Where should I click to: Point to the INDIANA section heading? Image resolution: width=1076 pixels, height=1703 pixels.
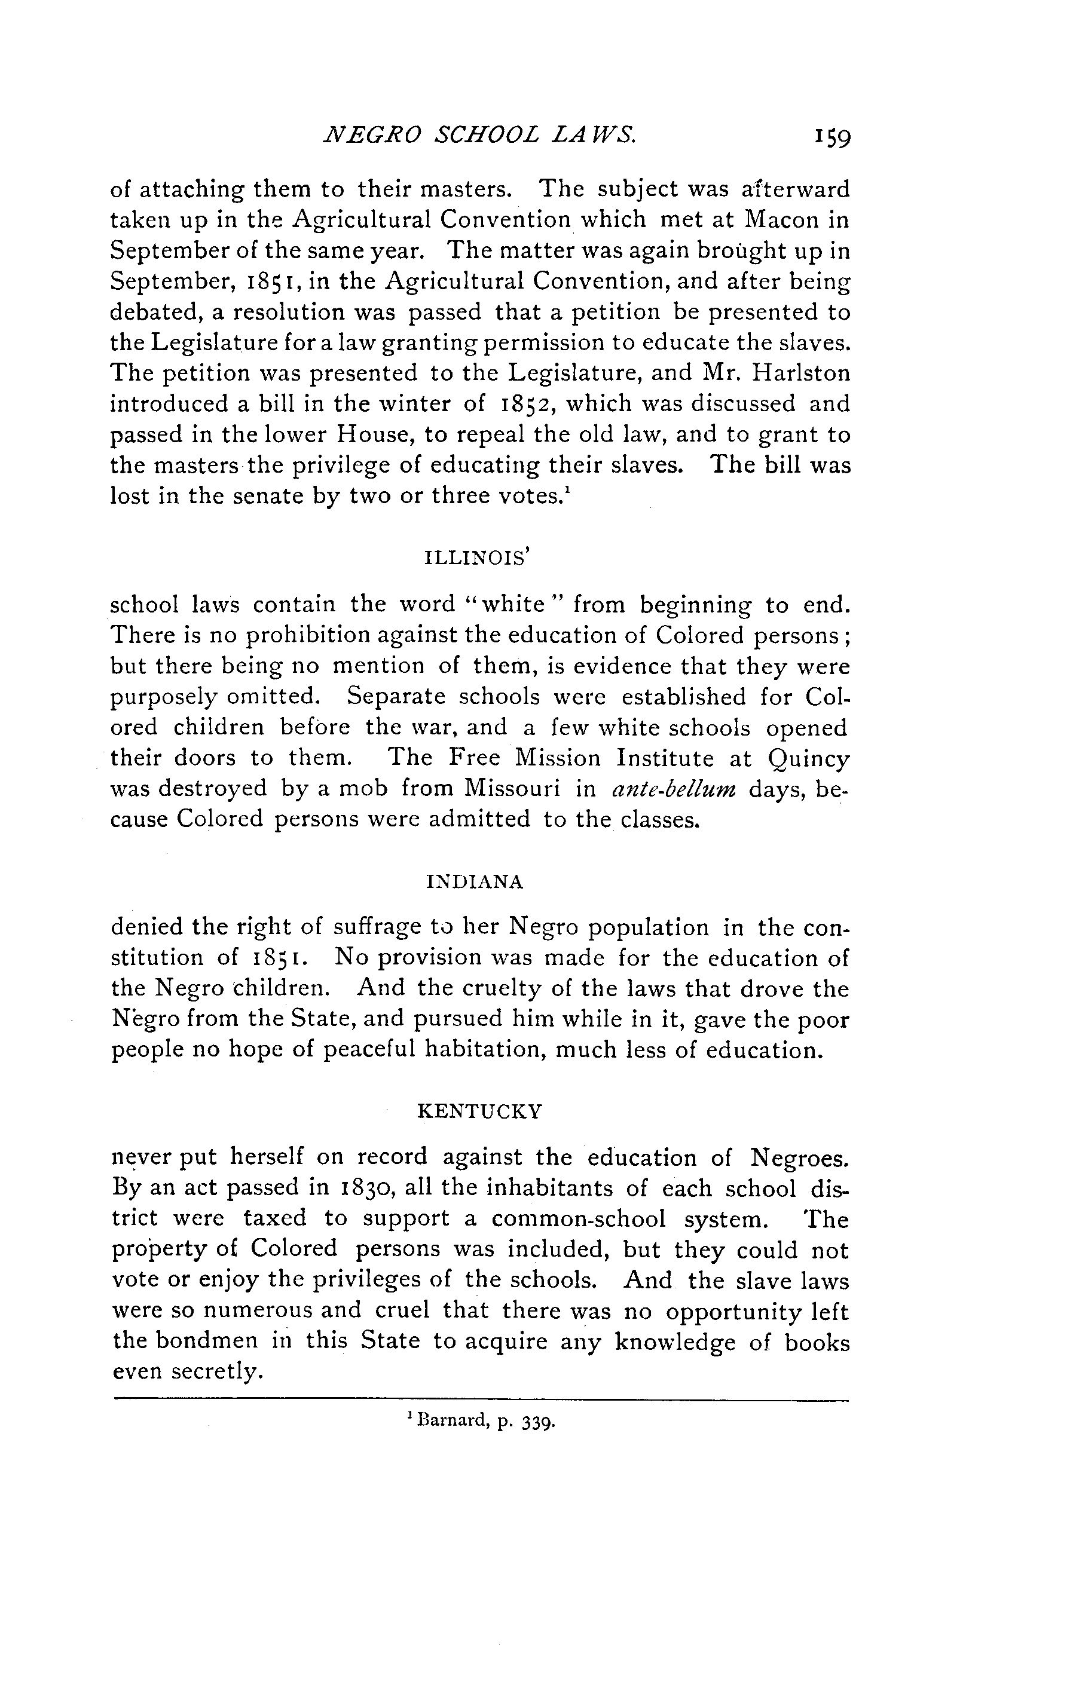click(x=475, y=882)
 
